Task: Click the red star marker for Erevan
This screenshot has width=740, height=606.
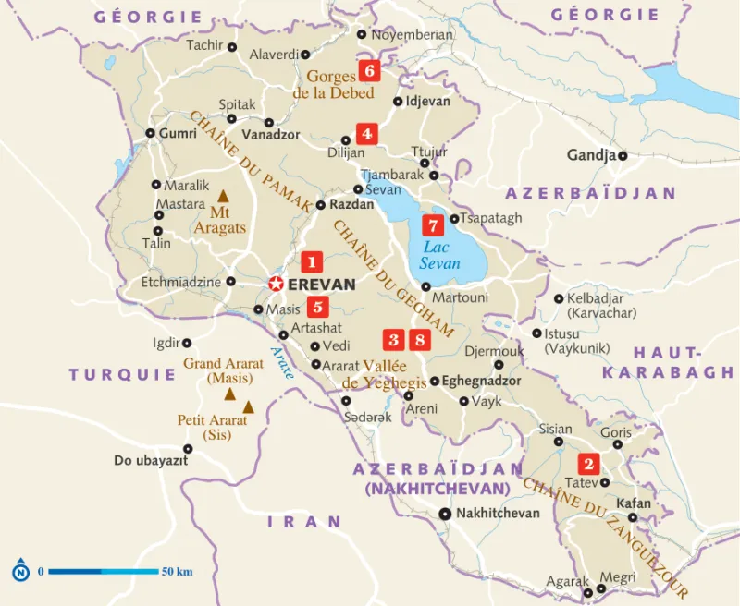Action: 276,284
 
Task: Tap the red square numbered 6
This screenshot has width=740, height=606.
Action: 370,71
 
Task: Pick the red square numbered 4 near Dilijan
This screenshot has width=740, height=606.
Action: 367,133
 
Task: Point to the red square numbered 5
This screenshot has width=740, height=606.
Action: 317,308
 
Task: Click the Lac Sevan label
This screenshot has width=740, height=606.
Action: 439,256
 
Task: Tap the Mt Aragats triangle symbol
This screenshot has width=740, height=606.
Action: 223,197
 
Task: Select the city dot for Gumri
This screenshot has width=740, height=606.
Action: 151,133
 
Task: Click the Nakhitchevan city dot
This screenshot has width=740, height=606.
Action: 445,514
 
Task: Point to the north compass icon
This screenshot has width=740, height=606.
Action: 20,572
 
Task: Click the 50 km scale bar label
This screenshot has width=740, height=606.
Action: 177,572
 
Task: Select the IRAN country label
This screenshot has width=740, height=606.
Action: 304,522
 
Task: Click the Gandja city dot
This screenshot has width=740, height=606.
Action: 623,155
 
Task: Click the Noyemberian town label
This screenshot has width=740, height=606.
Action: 412,35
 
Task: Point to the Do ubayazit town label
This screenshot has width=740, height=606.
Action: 152,460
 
